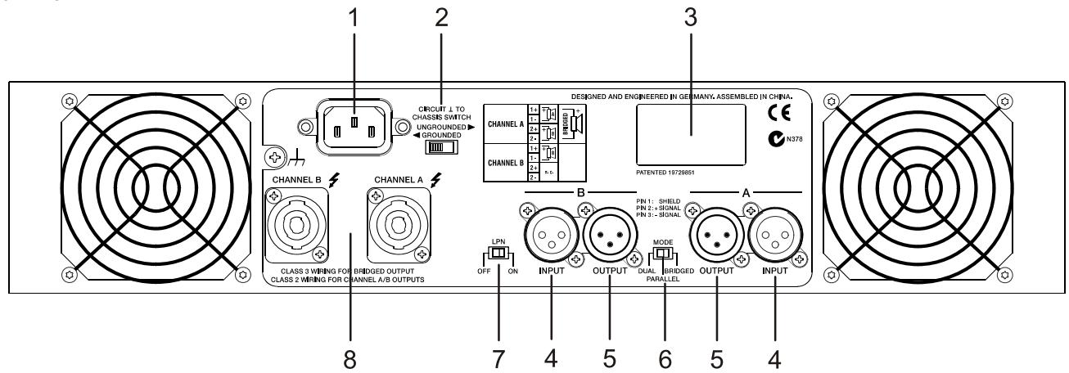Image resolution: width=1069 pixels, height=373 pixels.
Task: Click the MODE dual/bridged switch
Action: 664,253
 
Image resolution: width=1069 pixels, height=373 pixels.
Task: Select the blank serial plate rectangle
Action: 691,131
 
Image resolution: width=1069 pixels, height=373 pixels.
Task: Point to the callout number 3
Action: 690,20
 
